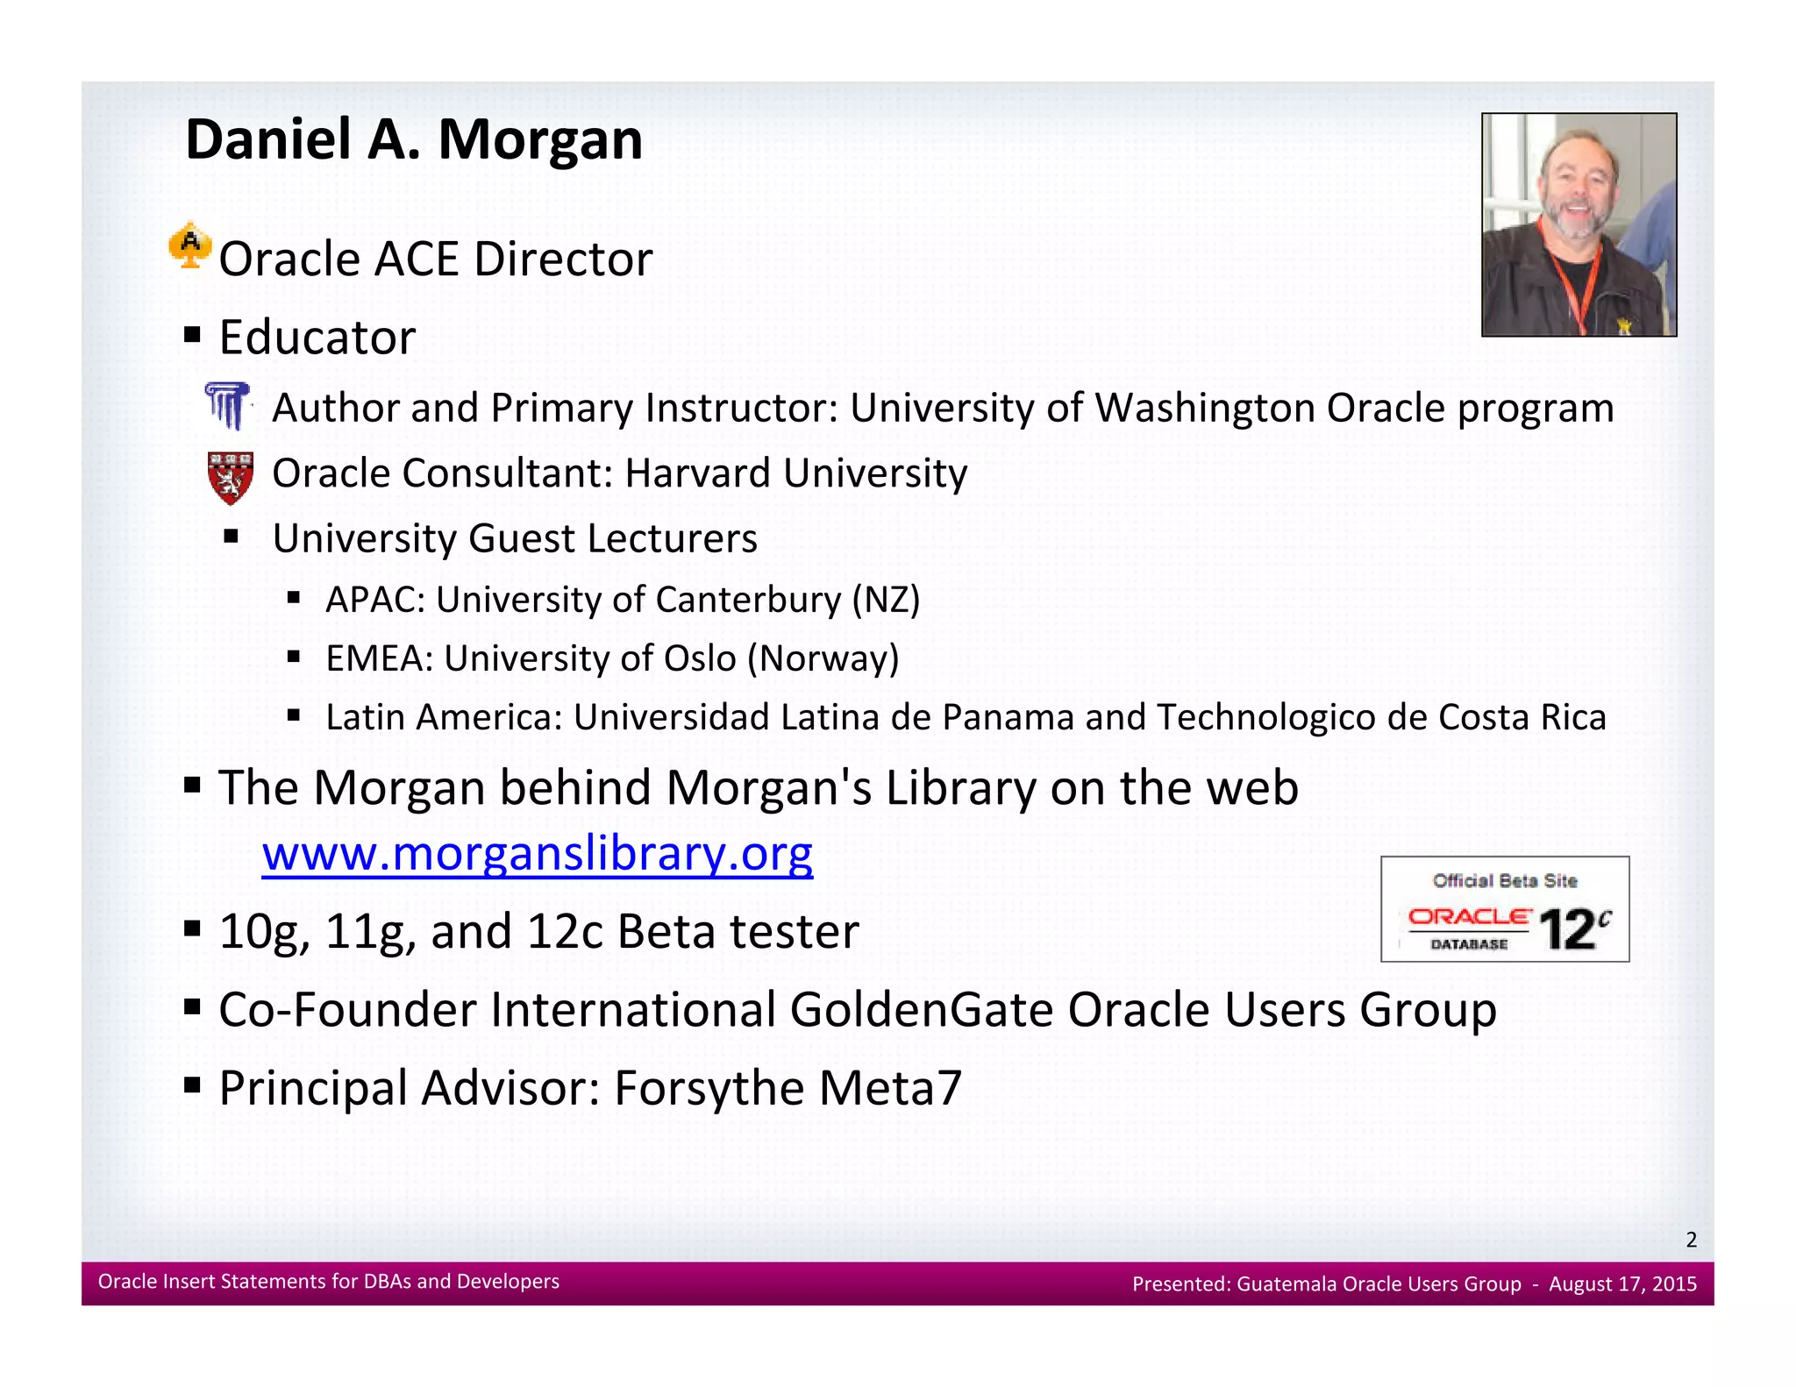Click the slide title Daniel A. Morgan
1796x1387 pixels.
(x=414, y=140)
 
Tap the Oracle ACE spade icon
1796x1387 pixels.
(x=189, y=245)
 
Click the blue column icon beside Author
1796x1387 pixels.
(x=228, y=406)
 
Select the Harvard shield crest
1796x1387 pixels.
(x=231, y=477)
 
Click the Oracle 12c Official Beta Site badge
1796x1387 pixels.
(x=1504, y=909)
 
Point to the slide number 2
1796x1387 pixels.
(x=1691, y=1240)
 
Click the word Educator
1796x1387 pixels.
(x=317, y=338)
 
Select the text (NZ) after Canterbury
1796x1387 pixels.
(x=886, y=600)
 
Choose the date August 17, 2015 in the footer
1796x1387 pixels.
(x=1622, y=1284)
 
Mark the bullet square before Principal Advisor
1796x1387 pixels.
(x=193, y=1085)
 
